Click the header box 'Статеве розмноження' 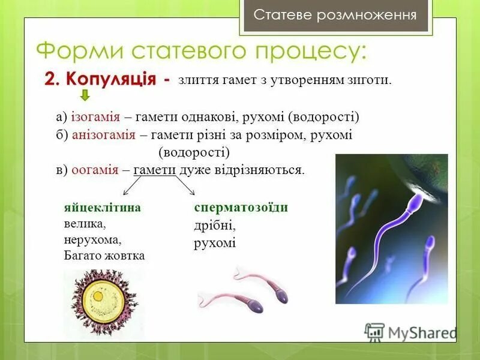tap(335, 15)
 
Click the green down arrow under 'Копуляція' tap(85, 95)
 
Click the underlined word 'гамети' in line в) tap(154, 170)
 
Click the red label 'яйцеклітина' tap(103, 208)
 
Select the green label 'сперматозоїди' tap(241, 208)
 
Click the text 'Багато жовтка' tap(104, 255)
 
